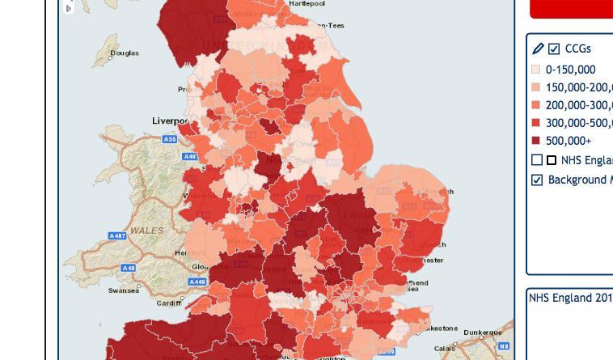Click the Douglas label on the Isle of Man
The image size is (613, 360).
pyautogui.click(x=125, y=53)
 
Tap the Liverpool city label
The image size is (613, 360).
pyautogui.click(x=171, y=121)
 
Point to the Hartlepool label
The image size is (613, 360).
pyautogui.click(x=307, y=4)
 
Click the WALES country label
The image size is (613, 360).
pyautogui.click(x=147, y=231)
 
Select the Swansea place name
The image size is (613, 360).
pyautogui.click(x=123, y=290)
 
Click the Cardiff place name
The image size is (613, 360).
pyautogui.click(x=169, y=303)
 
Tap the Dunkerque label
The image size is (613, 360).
pyautogui.click(x=483, y=332)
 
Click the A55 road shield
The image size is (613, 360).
pyautogui.click(x=170, y=139)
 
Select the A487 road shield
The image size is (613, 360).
pyautogui.click(x=117, y=235)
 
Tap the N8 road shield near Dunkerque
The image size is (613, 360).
pyautogui.click(x=504, y=346)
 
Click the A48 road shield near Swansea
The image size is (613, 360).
pyautogui.click(x=128, y=268)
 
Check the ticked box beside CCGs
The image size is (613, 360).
pyautogui.click(x=554, y=49)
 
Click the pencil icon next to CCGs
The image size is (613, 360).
pyautogui.click(x=538, y=49)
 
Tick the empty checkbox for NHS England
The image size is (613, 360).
pyautogui.click(x=537, y=160)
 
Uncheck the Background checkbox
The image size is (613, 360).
pyautogui.click(x=537, y=180)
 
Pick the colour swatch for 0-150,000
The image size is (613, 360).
pyautogui.click(x=535, y=70)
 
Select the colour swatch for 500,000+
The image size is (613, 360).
pyautogui.click(x=535, y=141)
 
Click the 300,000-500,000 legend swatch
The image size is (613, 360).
pyautogui.click(x=535, y=123)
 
